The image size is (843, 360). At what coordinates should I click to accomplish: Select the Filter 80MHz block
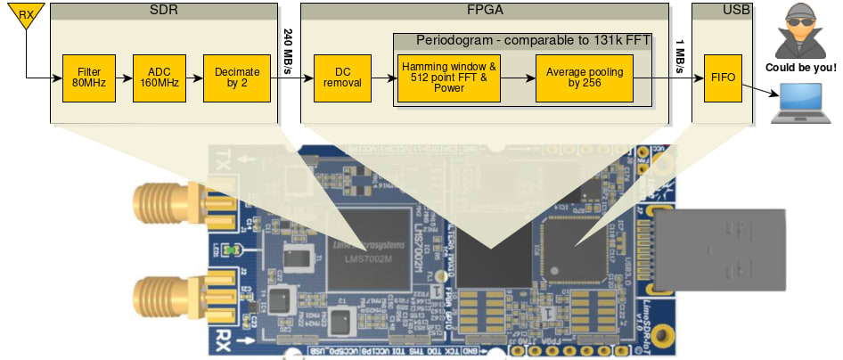88,78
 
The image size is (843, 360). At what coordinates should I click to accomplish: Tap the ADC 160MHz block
159,78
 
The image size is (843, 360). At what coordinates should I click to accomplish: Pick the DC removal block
342,78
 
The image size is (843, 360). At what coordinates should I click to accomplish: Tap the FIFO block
722,78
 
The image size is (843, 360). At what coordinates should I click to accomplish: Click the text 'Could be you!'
800,68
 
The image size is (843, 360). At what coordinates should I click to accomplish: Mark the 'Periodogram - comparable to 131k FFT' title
532,41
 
